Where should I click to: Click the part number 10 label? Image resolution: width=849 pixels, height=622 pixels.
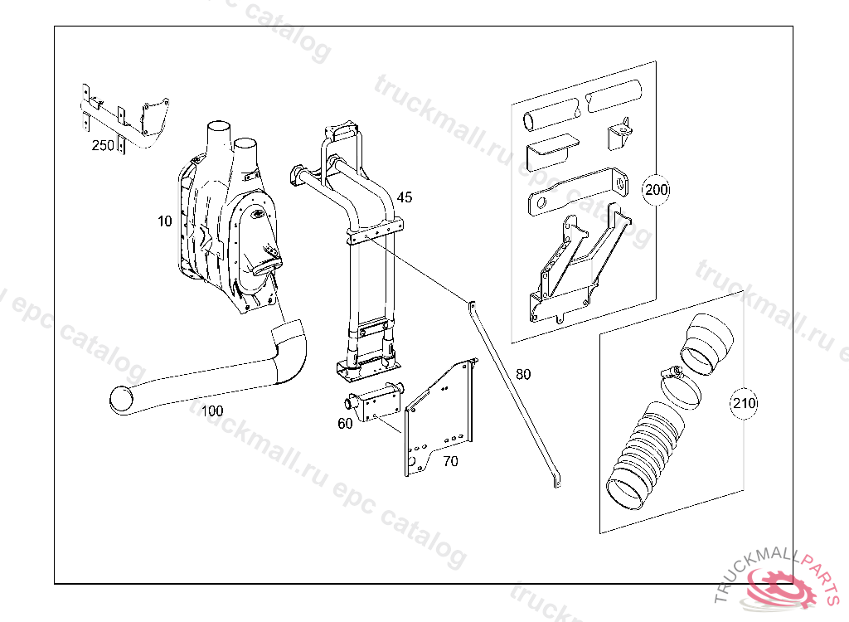point(165,221)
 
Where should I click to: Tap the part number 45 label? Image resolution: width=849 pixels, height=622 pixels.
point(405,197)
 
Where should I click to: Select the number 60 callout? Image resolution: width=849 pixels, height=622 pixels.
point(345,424)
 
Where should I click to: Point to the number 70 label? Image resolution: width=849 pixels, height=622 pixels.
point(450,461)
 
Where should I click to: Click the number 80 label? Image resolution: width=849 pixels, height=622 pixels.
point(523,374)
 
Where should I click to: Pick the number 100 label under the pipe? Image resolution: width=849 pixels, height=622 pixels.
point(212,411)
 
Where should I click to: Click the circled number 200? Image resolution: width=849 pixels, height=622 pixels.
point(657,190)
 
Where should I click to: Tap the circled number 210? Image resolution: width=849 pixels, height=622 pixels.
point(744,403)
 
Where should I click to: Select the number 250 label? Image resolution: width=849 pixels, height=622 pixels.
point(103,145)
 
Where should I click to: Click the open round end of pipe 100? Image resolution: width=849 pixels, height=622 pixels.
point(121,400)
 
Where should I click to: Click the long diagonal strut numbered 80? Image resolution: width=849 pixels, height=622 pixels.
point(514,393)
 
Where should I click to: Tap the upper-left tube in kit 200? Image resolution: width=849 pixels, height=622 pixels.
point(551,115)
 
